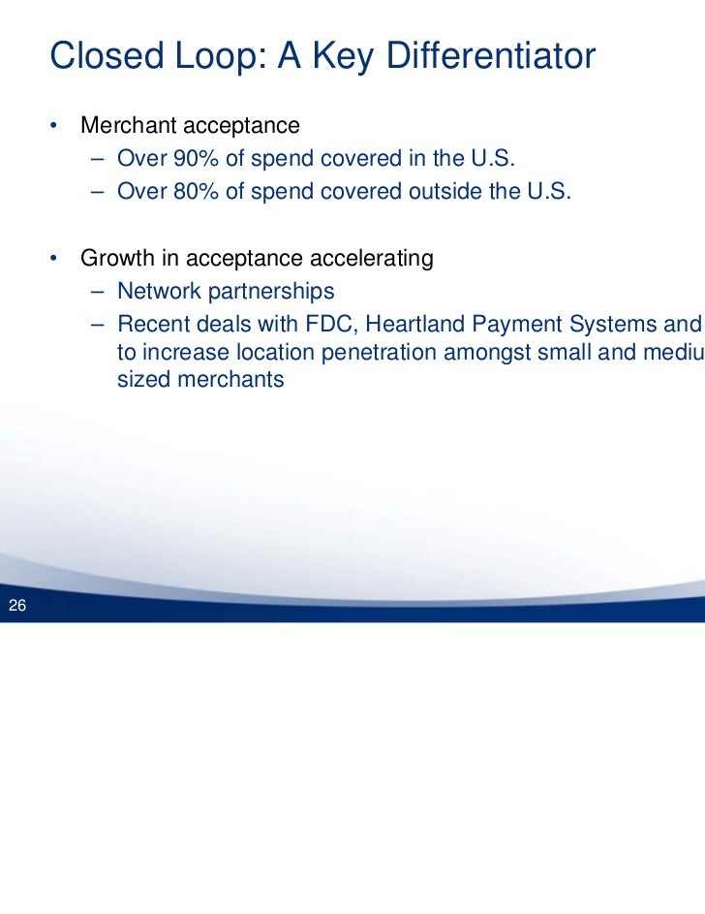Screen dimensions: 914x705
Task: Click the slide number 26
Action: [16, 608]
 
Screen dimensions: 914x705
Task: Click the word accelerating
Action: [372, 259]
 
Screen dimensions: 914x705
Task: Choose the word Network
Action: [157, 292]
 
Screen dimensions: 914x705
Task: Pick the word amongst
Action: [483, 351]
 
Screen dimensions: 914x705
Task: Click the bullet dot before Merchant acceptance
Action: [57, 127]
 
